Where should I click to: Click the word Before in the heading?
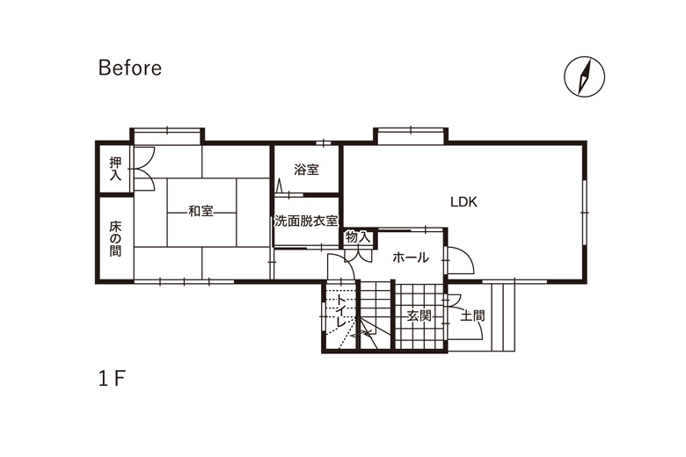pos(130,68)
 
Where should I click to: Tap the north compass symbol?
pos(584,76)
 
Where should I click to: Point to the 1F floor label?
pos(112,378)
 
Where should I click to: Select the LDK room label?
pos(463,202)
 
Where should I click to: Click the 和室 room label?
pos(201,211)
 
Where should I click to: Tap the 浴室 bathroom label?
pos(306,170)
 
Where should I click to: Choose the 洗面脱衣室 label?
pos(306,221)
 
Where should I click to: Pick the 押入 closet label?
pos(115,169)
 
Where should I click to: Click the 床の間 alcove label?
pos(115,239)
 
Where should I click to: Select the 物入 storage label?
pos(358,237)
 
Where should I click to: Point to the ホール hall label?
pos(411,258)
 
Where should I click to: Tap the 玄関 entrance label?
pos(420,316)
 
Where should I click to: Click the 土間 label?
pos(472,316)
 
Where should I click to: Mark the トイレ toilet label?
pos(341,310)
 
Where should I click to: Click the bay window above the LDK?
pos(411,134)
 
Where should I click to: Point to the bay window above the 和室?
pos(168,135)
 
